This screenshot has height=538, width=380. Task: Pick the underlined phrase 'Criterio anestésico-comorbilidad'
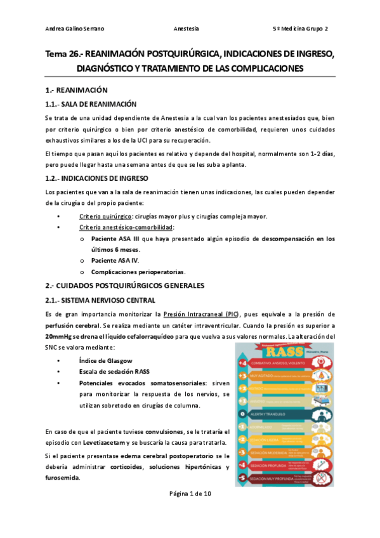tap(125, 227)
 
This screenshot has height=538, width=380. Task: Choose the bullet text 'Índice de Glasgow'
tap(107, 360)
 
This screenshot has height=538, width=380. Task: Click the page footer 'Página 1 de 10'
tap(190, 494)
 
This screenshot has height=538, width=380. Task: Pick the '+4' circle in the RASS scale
tap(242, 363)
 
